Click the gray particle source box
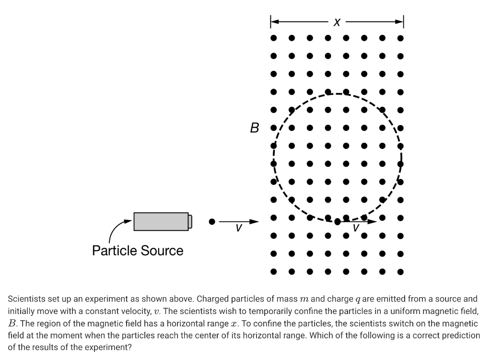click(161, 221)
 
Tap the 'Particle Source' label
click(138, 251)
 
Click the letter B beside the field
click(255, 128)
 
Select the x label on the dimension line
click(337, 22)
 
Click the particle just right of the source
click(211, 221)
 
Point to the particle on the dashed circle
click(338, 222)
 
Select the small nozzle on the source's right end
click(190, 221)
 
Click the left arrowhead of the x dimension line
click(274, 22)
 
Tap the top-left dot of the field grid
click(273, 37)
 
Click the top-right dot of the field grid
click(400, 37)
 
